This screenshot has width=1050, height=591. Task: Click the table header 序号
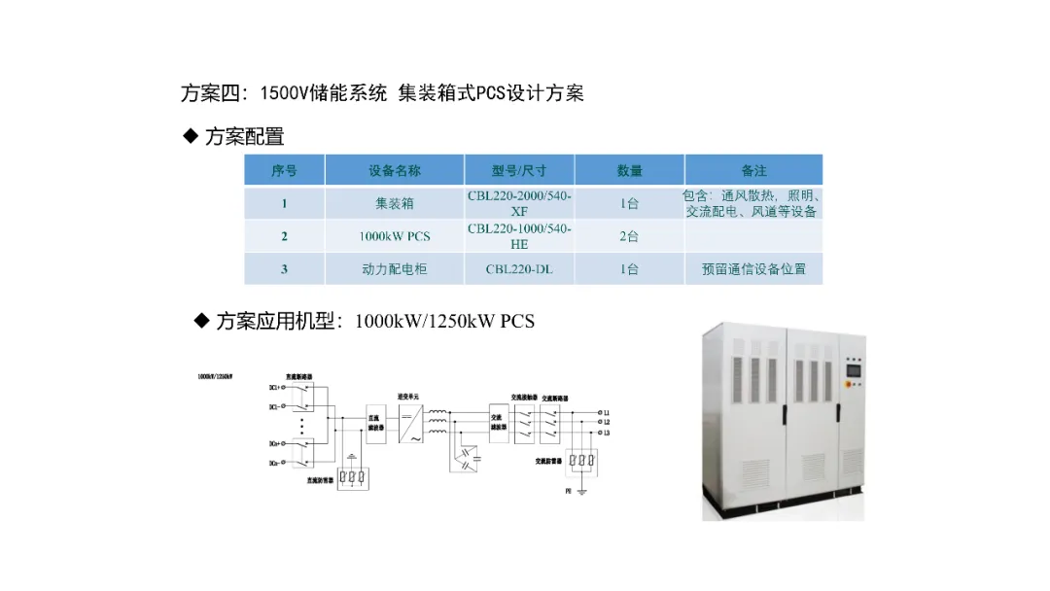tap(284, 170)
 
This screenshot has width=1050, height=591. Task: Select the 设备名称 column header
tap(395, 170)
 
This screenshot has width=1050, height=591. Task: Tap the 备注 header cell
tap(753, 170)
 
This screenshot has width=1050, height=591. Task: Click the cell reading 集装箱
tap(395, 204)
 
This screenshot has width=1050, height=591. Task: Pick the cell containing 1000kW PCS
tap(395, 236)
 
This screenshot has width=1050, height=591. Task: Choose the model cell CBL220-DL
tap(519, 269)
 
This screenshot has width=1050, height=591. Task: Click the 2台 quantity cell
tap(629, 236)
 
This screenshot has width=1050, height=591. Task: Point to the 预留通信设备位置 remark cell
tap(753, 269)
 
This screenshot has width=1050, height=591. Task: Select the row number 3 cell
tap(284, 269)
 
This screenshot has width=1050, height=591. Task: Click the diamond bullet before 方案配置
tap(191, 136)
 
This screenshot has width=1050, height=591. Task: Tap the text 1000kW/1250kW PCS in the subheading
tap(445, 321)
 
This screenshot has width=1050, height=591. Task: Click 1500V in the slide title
tap(284, 93)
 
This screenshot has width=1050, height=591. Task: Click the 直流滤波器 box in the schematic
tap(373, 425)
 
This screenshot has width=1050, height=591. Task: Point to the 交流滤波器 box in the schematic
tap(499, 425)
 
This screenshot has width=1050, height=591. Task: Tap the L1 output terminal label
tap(606, 412)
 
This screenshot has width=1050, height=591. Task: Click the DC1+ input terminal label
tap(276, 387)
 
